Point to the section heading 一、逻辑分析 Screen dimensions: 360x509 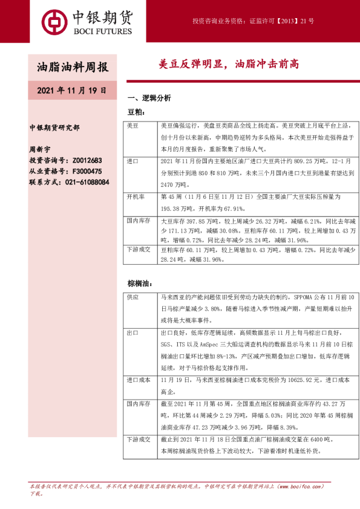[x=149, y=98]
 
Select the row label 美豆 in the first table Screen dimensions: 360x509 [x=133, y=126]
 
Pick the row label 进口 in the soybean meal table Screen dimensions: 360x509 [x=133, y=162]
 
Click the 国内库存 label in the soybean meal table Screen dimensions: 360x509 [x=137, y=222]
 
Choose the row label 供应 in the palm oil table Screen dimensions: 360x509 [x=133, y=297]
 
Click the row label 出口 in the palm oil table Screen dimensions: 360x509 [x=133, y=332]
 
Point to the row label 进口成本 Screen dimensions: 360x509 [x=137, y=380]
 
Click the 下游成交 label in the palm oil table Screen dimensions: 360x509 [x=137, y=439]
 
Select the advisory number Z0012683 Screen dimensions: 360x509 [x=87, y=160]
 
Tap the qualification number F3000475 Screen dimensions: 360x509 [x=87, y=171]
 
